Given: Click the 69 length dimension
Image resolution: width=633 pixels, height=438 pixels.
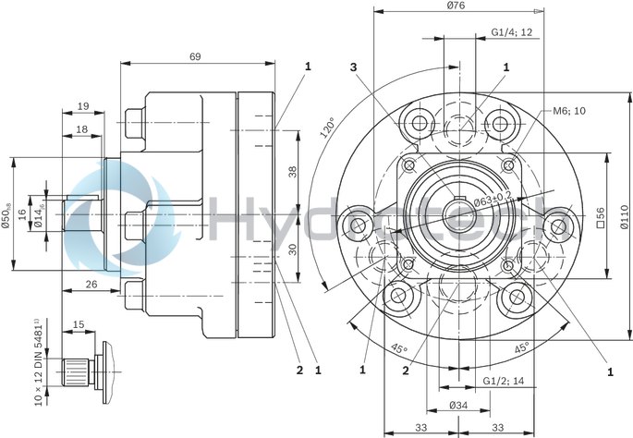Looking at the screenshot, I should tap(195, 56).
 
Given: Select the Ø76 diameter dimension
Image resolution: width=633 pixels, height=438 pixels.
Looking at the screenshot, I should tap(456, 6).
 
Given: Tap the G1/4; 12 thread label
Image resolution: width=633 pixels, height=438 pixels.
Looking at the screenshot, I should tap(511, 31).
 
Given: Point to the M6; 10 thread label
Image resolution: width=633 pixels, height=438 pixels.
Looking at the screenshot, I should tap(569, 111).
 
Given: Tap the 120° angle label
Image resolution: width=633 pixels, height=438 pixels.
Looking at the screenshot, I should tap(328, 127).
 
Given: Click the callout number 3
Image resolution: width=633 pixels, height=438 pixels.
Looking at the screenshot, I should tap(353, 67).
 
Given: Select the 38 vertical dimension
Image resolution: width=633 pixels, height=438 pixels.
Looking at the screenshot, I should tap(291, 171).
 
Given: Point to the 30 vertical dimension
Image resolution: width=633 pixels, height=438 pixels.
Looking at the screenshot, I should tap(291, 249).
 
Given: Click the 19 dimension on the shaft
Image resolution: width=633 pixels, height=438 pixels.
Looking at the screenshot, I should tap(83, 105).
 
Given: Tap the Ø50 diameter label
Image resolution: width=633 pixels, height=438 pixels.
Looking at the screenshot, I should tap(7, 214).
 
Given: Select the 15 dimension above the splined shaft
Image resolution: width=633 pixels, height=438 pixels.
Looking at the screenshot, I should tap(78, 324).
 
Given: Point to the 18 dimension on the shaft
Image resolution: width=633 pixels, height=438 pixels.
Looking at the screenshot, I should tap(82, 130).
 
